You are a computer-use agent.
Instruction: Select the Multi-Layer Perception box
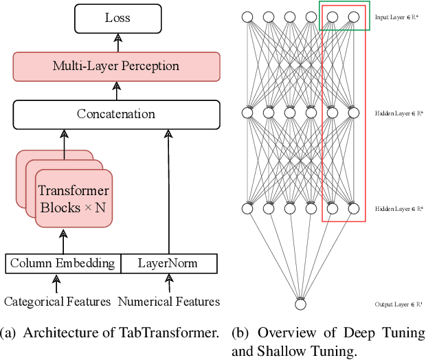coord(116,67)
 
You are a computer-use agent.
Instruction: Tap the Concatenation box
coord(116,114)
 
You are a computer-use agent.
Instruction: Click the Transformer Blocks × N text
coord(73,198)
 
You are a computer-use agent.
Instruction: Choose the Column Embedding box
coord(63,263)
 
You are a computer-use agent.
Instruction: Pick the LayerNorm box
coord(168,263)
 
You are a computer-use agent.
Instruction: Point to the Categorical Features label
coord(58,302)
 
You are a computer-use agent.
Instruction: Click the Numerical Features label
coord(169,302)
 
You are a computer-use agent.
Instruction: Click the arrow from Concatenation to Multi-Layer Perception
coord(116,90)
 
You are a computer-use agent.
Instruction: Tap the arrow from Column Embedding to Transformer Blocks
coord(63,242)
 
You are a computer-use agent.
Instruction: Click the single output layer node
coord(300,304)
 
